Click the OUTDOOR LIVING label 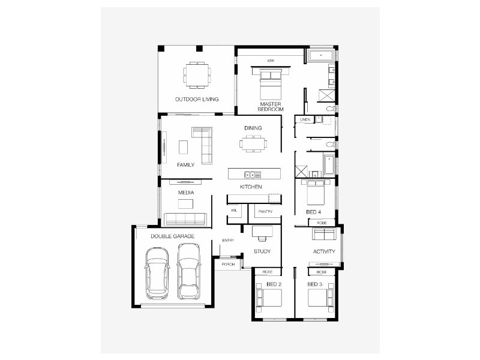pos(196,99)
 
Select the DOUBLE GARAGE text pos(172,237)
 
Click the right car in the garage pos(189,278)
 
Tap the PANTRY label pos(265,212)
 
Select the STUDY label pos(262,251)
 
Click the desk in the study pos(262,231)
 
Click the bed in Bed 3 pos(319,298)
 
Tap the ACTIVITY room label pos(324,251)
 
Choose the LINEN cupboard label pos(304,120)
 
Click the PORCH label pos(228,264)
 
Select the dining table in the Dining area pos(253,143)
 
